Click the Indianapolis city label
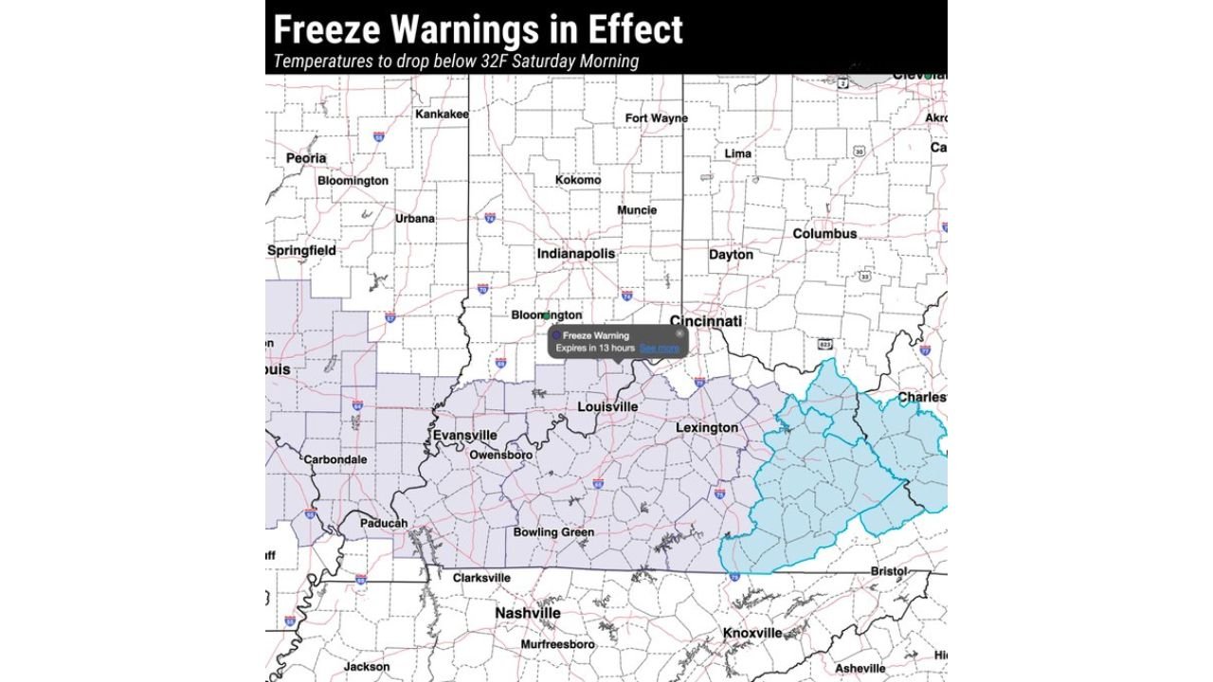(x=575, y=254)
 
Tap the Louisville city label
(x=607, y=407)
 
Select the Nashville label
(x=527, y=614)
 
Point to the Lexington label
(x=706, y=428)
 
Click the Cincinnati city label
(x=705, y=321)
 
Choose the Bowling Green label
(x=553, y=532)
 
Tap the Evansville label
(x=464, y=435)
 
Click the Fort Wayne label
(x=656, y=118)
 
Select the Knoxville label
(x=752, y=633)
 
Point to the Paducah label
(x=384, y=523)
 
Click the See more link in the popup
(x=659, y=349)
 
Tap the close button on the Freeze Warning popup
(x=679, y=334)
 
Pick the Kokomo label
(x=577, y=180)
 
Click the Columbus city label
(x=824, y=234)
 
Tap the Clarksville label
(x=481, y=578)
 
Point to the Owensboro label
(x=500, y=456)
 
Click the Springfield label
(x=301, y=251)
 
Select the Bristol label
(x=888, y=572)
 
